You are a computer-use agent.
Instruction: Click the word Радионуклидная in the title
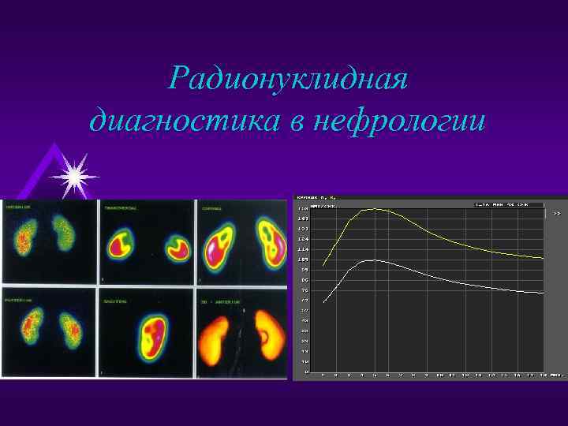coord(289,79)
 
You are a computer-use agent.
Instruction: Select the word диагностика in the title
coord(188,122)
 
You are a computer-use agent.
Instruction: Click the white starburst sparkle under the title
coord(75,176)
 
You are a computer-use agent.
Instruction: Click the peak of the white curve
coord(374,260)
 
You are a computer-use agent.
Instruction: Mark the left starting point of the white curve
coord(323,302)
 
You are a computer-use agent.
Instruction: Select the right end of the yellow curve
coord(544,258)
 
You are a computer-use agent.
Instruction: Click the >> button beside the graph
coord(557,213)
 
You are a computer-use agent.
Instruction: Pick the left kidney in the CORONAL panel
coord(220,245)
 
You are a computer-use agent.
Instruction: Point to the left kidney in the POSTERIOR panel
coord(31,331)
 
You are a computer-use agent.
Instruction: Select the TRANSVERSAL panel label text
coord(121,208)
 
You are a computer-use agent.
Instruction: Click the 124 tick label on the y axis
coord(303,239)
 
